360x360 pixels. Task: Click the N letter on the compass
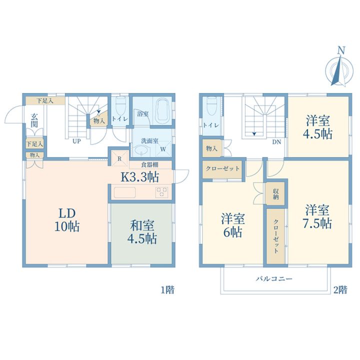(x=341, y=50)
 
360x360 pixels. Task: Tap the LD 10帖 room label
(x=67, y=220)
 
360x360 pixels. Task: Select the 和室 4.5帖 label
(x=142, y=232)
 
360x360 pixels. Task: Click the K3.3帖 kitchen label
(x=140, y=177)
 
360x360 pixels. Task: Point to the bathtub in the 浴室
(x=163, y=111)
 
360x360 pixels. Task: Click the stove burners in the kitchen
(x=161, y=192)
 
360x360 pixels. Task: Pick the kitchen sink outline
(x=124, y=192)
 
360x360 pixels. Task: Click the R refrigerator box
(x=119, y=158)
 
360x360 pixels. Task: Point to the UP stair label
(x=76, y=141)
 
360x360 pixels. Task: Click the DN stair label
(x=276, y=142)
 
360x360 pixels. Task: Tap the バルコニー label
(x=274, y=279)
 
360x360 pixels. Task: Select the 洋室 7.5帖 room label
(x=317, y=216)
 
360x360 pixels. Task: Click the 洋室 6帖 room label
(x=233, y=225)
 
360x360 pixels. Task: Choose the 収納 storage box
(x=275, y=193)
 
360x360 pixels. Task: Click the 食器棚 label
(x=149, y=165)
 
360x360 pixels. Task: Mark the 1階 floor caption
(x=167, y=290)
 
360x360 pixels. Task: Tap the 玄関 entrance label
(x=34, y=120)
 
